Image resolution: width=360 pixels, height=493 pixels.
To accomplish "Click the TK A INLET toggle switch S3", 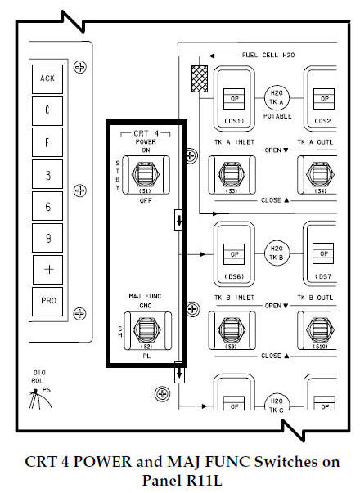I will [233, 173].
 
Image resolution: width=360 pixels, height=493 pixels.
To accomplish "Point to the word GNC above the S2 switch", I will [146, 303].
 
